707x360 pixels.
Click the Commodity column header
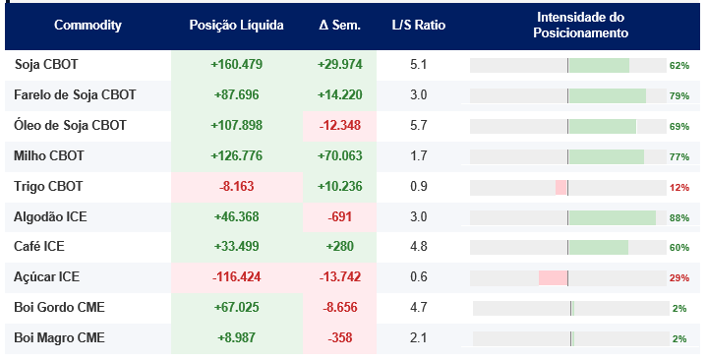[x=88, y=25]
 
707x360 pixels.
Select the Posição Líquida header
[x=236, y=25]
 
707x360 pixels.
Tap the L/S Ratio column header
[x=419, y=25]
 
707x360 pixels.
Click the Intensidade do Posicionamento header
[x=580, y=25]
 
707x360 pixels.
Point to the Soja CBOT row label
[x=46, y=65]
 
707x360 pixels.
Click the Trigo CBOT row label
[x=48, y=186]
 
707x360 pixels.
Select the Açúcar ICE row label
[x=46, y=276]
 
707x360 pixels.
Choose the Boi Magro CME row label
[x=59, y=338]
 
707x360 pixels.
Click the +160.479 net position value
[x=237, y=65]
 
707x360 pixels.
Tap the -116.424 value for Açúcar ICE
[x=237, y=277]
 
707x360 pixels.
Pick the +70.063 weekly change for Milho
[x=340, y=155]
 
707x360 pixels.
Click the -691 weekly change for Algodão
[x=340, y=217]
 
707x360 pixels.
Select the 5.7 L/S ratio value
[x=419, y=126]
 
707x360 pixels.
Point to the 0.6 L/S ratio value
[x=419, y=277]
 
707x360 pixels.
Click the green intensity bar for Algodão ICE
[x=613, y=218]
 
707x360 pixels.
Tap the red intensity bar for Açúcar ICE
[x=553, y=278]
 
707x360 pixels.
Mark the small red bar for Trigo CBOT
[x=560, y=188]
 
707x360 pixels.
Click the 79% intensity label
[x=679, y=96]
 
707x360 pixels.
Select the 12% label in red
[x=679, y=188]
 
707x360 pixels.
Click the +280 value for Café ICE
[x=340, y=246]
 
